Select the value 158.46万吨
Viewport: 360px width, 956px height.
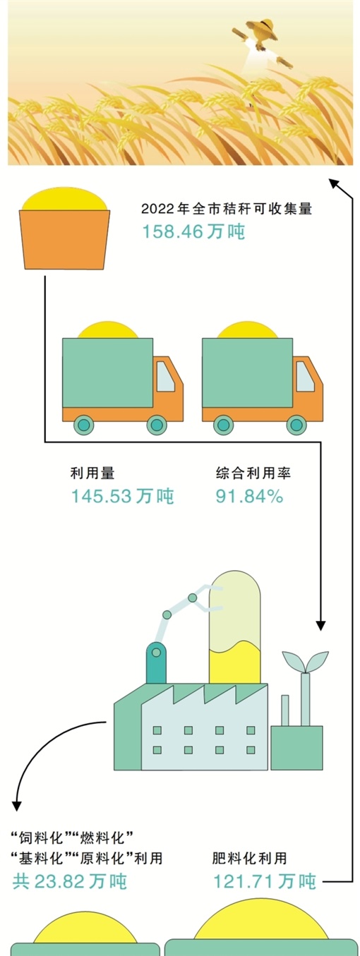[x=193, y=231]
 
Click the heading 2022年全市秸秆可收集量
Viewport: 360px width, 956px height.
[x=227, y=209]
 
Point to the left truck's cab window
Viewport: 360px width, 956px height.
[x=166, y=377]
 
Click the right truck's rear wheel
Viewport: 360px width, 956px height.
[x=223, y=425]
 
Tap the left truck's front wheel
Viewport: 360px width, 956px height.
[x=157, y=425]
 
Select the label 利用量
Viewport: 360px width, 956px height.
[x=92, y=473]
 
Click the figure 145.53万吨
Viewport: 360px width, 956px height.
[x=123, y=496]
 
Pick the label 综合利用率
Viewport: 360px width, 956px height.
[x=253, y=473]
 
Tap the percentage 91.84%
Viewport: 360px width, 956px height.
[x=249, y=496]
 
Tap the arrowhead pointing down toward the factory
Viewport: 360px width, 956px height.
[x=320, y=625]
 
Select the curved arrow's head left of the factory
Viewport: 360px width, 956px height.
[x=17, y=805]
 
